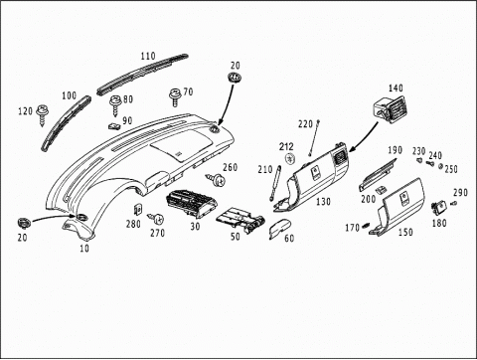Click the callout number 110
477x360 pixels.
pyautogui.click(x=148, y=56)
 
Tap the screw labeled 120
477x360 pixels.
pyautogui.click(x=43, y=114)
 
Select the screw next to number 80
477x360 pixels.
pyautogui.click(x=115, y=105)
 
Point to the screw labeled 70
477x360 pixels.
pyautogui.click(x=175, y=96)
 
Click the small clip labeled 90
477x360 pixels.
pyautogui.click(x=114, y=126)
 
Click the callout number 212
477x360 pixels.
pyautogui.click(x=286, y=146)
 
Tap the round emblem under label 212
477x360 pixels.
pyautogui.click(x=291, y=158)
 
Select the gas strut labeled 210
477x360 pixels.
pyautogui.click(x=275, y=183)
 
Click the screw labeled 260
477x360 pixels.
pyautogui.click(x=217, y=180)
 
